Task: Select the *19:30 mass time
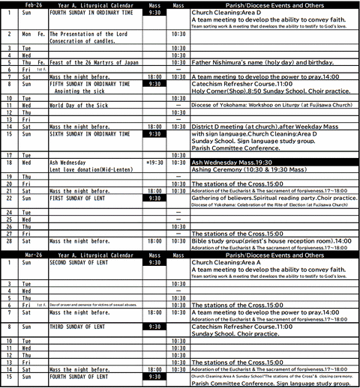tap(154, 162)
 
